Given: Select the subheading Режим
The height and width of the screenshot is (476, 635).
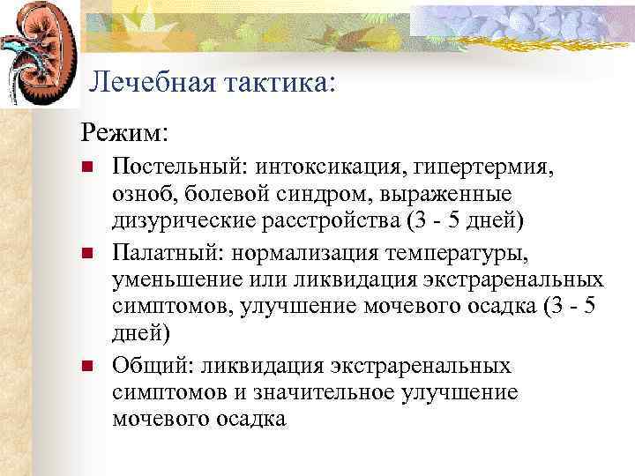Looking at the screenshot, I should click(x=124, y=132).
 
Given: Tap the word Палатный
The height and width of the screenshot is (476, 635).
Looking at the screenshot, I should click(x=164, y=255).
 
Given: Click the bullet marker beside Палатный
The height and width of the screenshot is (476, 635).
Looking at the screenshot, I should click(x=86, y=255).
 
